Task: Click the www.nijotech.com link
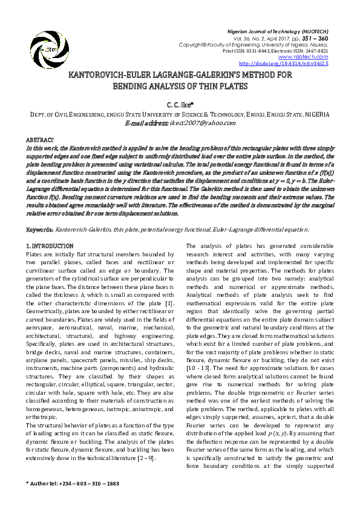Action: coord(307,57)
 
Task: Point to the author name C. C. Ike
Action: coord(180,104)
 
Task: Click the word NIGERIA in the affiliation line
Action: coord(315,114)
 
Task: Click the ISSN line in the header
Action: coord(275,51)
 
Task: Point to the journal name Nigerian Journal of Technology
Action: coord(286,30)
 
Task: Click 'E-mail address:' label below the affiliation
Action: coord(145,122)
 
